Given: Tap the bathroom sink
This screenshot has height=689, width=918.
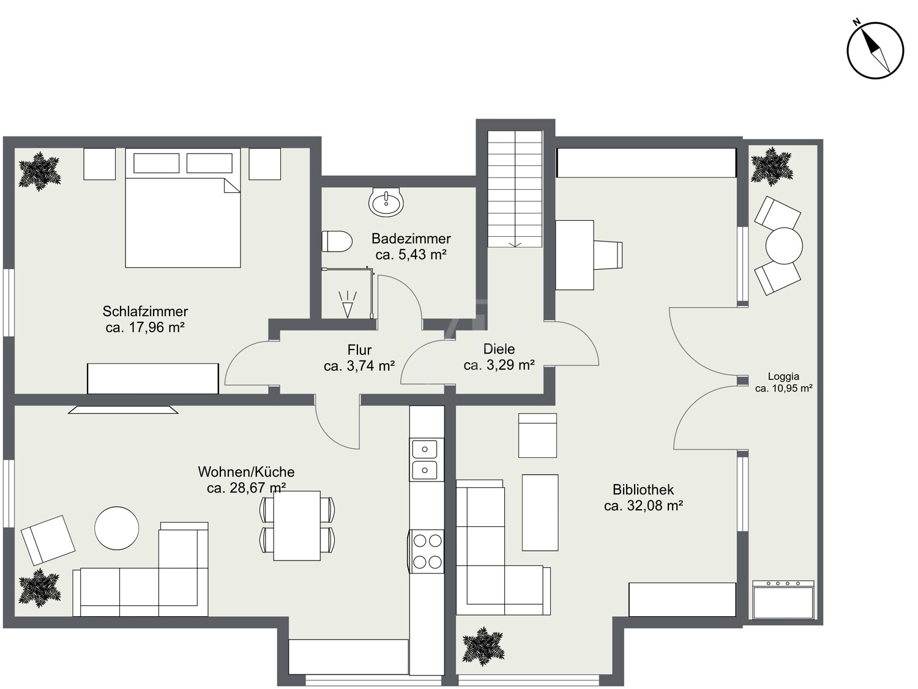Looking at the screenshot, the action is (x=386, y=202).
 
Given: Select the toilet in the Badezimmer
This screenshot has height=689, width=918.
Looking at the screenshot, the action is (x=337, y=241).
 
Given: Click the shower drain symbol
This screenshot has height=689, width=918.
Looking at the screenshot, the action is (x=348, y=304).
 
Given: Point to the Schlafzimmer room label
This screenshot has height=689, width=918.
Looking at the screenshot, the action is (x=145, y=311).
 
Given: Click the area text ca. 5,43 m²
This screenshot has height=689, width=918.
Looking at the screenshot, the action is (x=411, y=254).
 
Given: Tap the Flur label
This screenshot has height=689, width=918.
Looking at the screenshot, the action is (x=359, y=349).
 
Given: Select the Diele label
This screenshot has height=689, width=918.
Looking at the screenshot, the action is (x=499, y=349).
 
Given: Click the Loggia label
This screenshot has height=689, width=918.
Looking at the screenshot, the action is (x=783, y=376).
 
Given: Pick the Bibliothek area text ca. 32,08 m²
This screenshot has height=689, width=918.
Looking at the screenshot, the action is (x=643, y=505).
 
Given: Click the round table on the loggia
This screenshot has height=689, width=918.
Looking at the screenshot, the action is (x=784, y=246).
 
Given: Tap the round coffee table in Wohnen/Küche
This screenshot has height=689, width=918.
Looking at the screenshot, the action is (x=117, y=528).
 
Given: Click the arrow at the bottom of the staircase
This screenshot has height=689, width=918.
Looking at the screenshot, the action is (x=515, y=244).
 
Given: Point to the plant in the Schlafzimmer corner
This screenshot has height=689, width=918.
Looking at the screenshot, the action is (x=40, y=171).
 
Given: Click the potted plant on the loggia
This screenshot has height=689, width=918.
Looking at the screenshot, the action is (x=772, y=166).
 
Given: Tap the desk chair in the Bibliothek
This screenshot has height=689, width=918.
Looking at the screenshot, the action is (x=608, y=255).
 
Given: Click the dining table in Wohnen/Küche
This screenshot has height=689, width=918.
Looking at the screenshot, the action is (x=297, y=526).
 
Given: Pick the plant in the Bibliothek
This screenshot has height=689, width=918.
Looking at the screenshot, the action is (x=483, y=646).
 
